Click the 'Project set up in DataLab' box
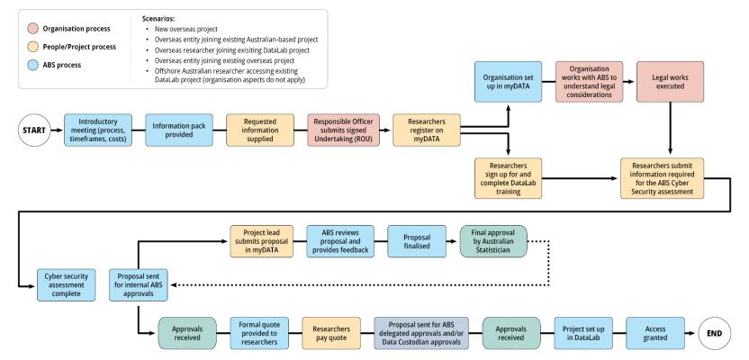[x=580, y=330]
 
